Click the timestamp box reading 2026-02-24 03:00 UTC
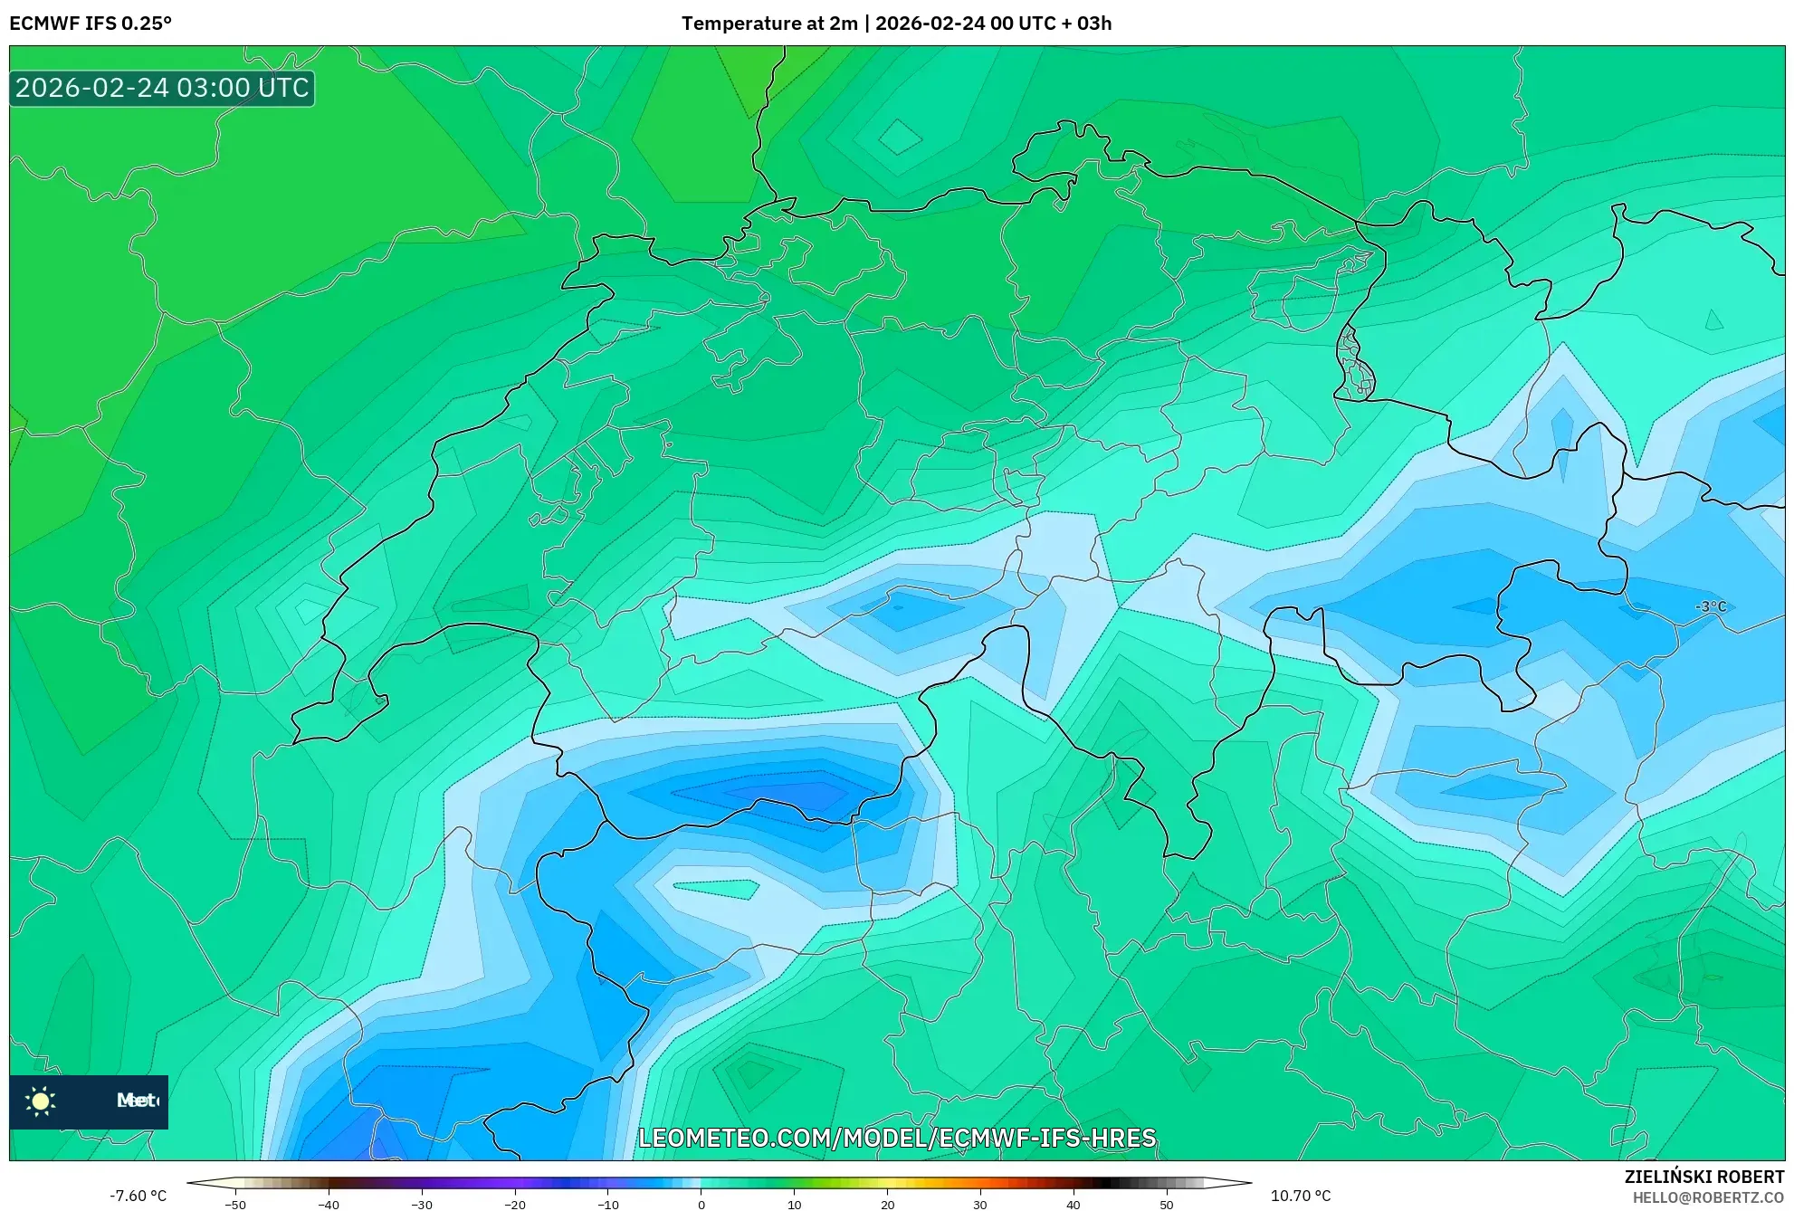tap(163, 88)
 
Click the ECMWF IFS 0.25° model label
tap(91, 24)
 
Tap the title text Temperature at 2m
tap(769, 24)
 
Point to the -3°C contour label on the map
tap(1711, 606)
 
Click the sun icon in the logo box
tap(41, 1101)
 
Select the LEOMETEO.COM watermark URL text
tap(897, 1138)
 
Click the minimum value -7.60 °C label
tap(138, 1196)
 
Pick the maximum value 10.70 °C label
tap(1301, 1196)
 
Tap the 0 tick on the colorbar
tap(701, 1205)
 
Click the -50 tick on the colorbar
tap(235, 1205)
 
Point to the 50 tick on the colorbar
tap(1166, 1205)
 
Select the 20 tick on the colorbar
tap(887, 1205)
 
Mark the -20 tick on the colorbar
tap(514, 1205)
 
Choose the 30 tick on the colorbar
tap(980, 1205)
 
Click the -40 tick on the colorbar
tap(329, 1205)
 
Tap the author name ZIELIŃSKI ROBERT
tap(1704, 1177)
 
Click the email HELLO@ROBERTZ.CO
tap(1708, 1197)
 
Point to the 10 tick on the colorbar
tap(794, 1205)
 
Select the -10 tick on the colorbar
tap(607, 1205)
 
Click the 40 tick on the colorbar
tap(1074, 1205)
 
